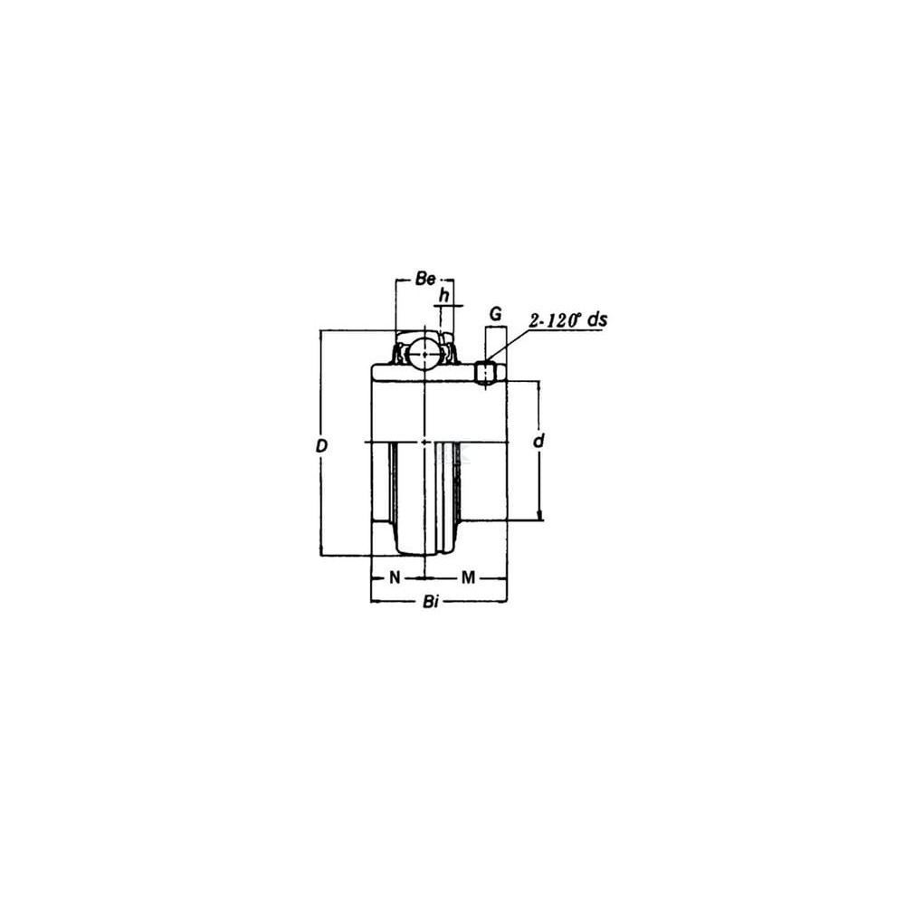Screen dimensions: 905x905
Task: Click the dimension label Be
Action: tap(425, 280)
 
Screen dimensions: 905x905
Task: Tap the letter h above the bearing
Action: tap(443, 296)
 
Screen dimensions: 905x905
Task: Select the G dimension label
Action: tap(495, 314)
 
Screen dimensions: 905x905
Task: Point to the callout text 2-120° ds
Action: tap(568, 320)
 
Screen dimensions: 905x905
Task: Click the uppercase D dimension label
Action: tap(321, 445)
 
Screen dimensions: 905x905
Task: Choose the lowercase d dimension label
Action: tap(538, 441)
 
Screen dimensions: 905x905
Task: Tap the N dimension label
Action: tap(395, 577)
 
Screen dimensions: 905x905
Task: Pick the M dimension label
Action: tap(468, 577)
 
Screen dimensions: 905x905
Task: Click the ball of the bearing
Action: tap(424, 355)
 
